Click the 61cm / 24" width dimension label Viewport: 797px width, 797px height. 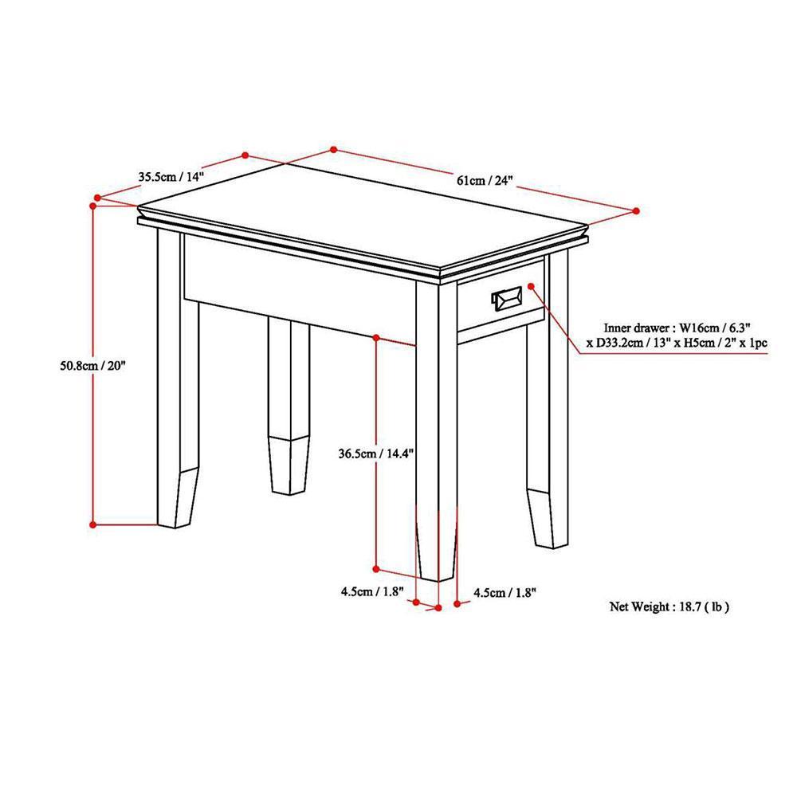(x=485, y=180)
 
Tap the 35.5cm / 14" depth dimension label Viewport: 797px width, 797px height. (x=171, y=177)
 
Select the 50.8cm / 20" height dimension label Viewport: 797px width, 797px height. (x=92, y=366)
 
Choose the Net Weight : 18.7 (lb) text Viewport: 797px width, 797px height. (x=669, y=607)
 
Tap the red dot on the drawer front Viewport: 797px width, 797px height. (x=531, y=287)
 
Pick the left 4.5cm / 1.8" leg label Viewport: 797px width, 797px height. (x=372, y=591)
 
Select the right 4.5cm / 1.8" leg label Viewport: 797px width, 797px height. (x=505, y=592)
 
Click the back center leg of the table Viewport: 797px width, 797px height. (x=289, y=406)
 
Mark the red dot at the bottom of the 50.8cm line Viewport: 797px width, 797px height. (x=93, y=524)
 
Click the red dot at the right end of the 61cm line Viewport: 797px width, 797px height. (x=635, y=210)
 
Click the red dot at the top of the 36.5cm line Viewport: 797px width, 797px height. (x=376, y=337)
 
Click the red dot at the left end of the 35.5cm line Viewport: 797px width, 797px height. (x=97, y=197)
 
